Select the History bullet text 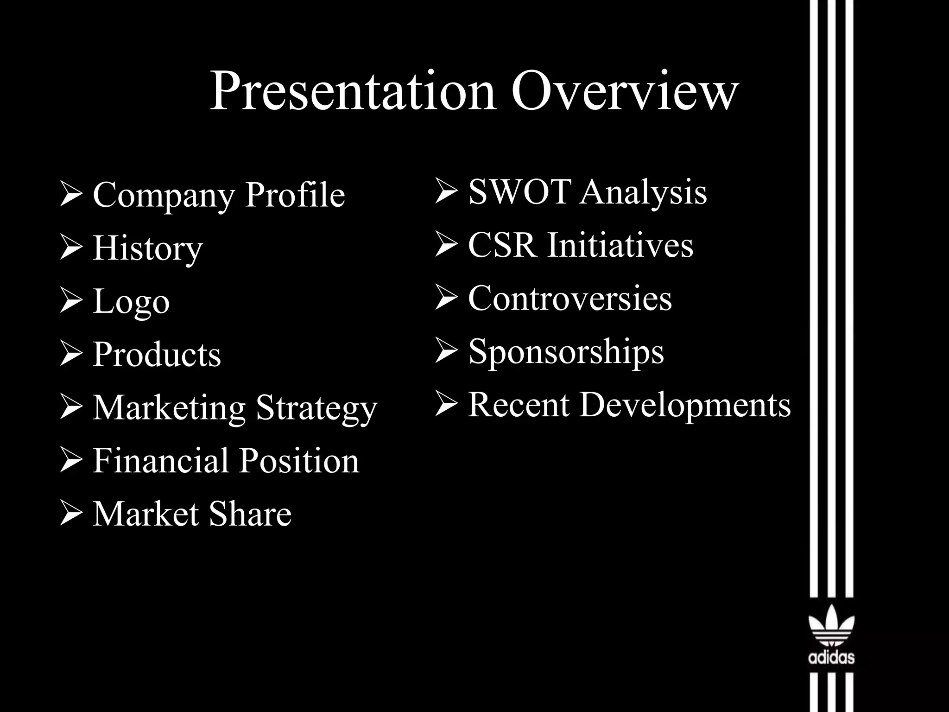point(148,248)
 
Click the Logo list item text point(131,301)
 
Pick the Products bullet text point(157,355)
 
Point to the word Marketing point(169,408)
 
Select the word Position point(299,461)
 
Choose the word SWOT point(519,191)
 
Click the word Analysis point(644,192)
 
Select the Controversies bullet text point(570,298)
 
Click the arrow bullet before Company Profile point(71,195)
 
